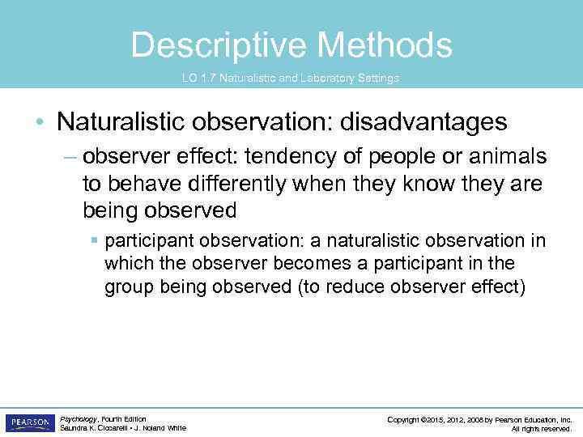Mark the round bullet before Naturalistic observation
click(x=40, y=123)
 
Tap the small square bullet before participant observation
click(x=95, y=241)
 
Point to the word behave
click(x=138, y=184)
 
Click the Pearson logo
click(x=29, y=422)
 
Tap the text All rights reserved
click(x=542, y=429)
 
